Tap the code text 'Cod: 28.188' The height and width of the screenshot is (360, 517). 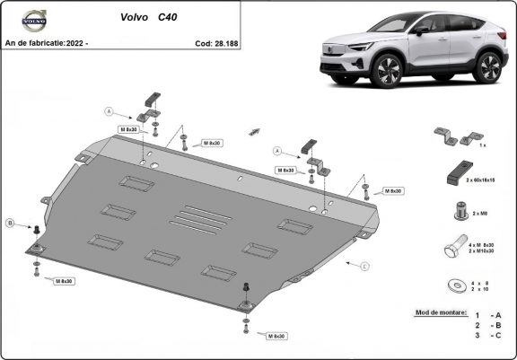216,42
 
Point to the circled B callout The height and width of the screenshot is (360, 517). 10,222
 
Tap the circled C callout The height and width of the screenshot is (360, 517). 364,267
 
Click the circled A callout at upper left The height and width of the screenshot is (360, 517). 110,112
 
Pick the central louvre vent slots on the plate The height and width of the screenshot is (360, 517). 195,220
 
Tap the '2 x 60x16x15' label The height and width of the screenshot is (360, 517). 481,180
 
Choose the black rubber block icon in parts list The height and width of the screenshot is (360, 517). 452,171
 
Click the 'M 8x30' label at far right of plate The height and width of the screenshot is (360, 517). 392,191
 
